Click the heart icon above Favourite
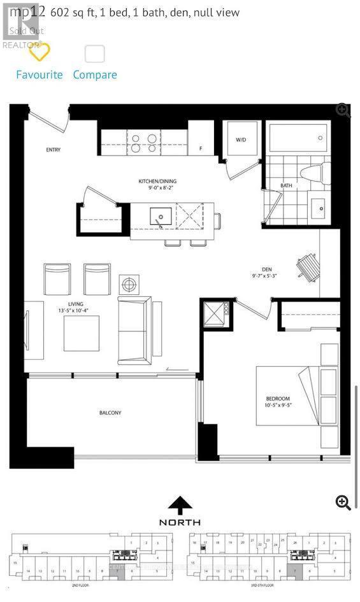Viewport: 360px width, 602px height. click(x=40, y=53)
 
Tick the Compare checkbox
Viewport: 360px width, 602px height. click(x=95, y=54)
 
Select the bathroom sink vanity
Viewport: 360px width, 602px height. click(x=317, y=206)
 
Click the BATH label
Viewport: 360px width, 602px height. click(x=286, y=186)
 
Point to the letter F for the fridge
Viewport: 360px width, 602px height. click(x=201, y=148)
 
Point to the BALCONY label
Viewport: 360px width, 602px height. click(x=110, y=413)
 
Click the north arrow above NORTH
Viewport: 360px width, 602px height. click(x=180, y=505)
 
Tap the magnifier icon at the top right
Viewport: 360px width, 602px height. click(x=343, y=110)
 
